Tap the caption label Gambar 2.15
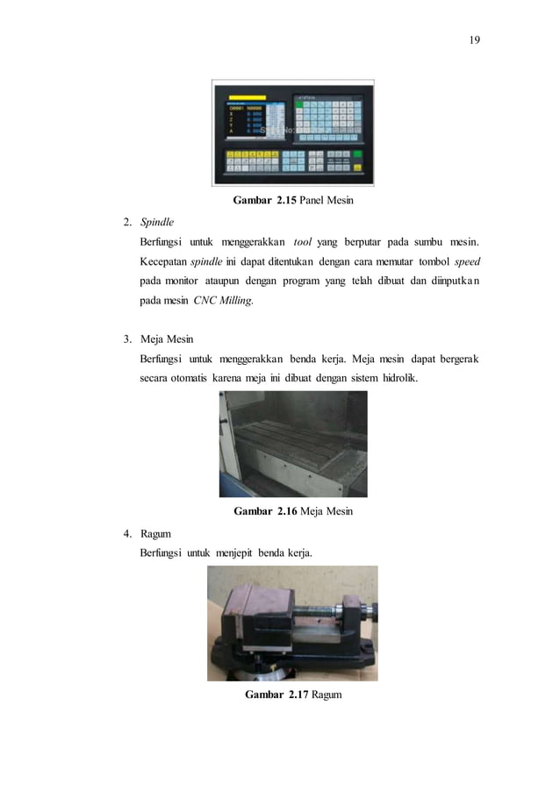(x=264, y=201)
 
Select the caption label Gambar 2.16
(x=263, y=511)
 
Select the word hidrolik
(x=400, y=379)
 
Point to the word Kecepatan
(x=163, y=261)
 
